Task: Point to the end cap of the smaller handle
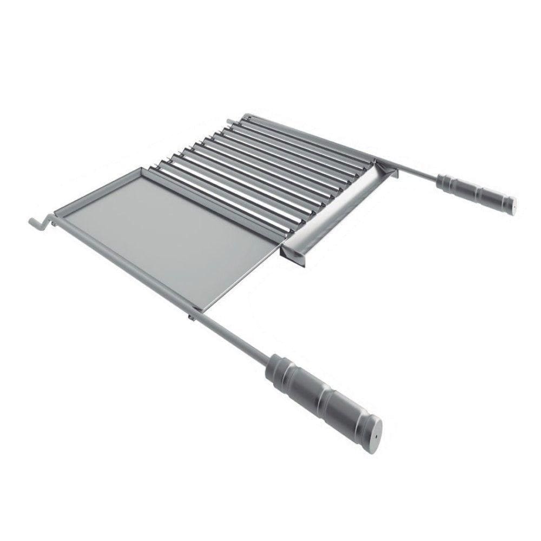point(512,207)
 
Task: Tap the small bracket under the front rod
point(190,315)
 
